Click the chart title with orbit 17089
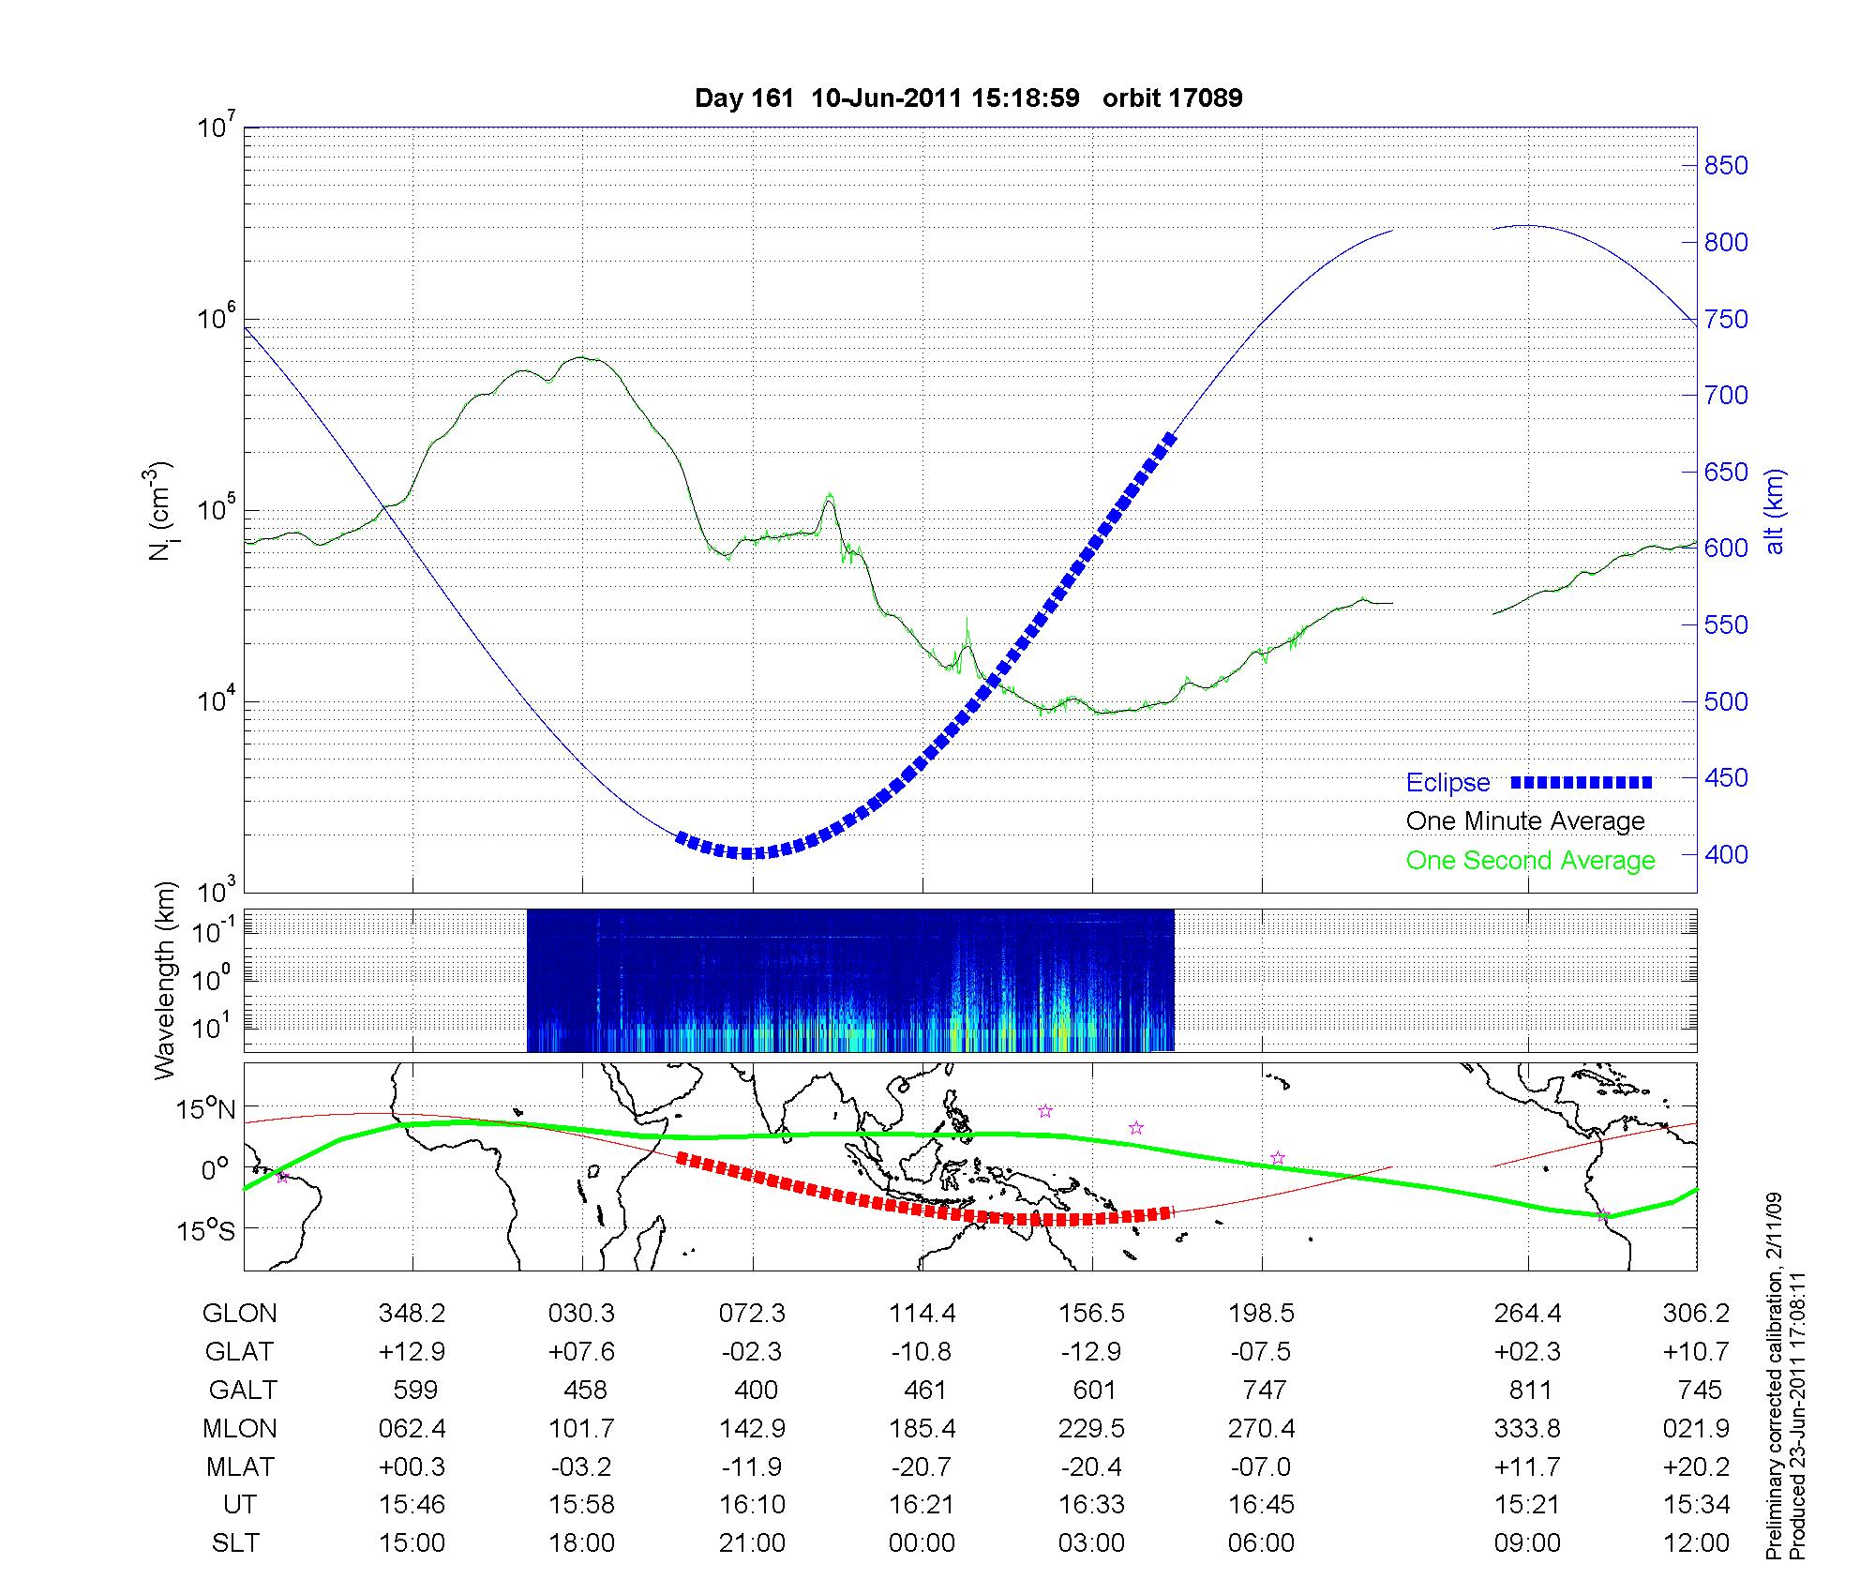pos(968,98)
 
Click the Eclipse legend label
pos(1447,783)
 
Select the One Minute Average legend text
pos(1525,821)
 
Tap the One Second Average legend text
pos(1530,861)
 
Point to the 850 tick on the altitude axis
pos(1726,166)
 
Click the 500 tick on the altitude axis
pos(1726,701)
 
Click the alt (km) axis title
pos(1775,511)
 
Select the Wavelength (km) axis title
pos(165,981)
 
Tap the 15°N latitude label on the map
pos(207,1109)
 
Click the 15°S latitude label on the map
pos(207,1229)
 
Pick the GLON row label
pos(239,1314)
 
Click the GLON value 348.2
pos(412,1314)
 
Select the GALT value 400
pos(756,1390)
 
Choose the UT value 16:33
pos(1091,1505)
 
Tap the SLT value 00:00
pos(922,1543)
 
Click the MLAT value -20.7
pos(922,1466)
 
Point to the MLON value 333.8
pos(1527,1428)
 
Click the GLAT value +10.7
pos(1696,1352)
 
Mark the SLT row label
pos(235,1543)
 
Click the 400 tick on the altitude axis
pos(1726,854)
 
